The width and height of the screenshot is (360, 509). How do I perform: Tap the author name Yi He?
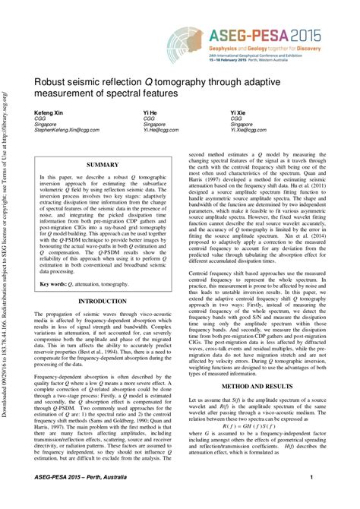coord(150,112)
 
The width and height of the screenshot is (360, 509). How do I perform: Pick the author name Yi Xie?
coord(238,112)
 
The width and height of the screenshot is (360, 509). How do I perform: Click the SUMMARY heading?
coord(103,164)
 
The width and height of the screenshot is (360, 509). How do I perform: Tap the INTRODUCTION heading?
coord(103,302)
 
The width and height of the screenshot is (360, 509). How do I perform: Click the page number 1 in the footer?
coord(311,498)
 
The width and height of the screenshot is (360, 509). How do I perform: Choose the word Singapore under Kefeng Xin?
coord(48,124)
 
